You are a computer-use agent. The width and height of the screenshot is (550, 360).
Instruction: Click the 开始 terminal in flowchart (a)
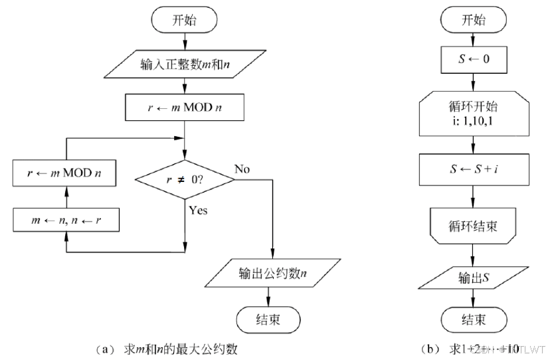pyautogui.click(x=185, y=20)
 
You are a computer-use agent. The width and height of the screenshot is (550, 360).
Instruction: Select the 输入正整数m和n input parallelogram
pyautogui.click(x=185, y=65)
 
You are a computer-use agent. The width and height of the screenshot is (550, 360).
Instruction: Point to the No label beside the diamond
pyautogui.click(x=242, y=168)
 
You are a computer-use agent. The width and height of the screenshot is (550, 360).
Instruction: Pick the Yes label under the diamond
pyautogui.click(x=198, y=211)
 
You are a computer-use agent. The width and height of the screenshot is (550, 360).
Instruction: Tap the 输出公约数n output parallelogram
pyautogui.click(x=268, y=272)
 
